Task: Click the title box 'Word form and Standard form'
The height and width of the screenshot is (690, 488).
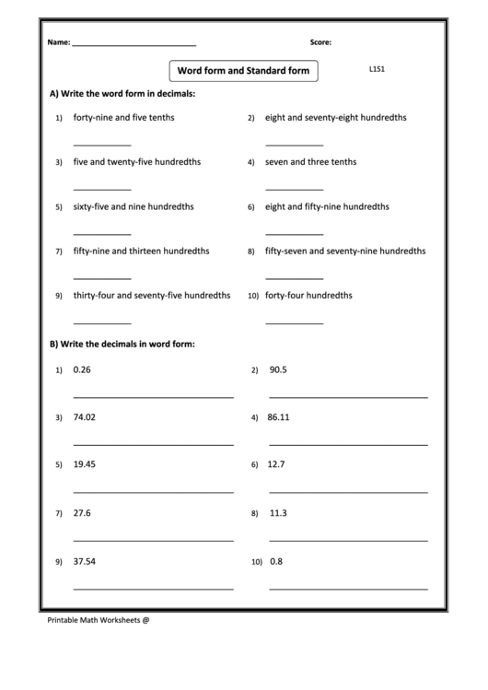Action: coord(243,70)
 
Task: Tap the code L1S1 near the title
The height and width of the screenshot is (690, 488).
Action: coord(377,69)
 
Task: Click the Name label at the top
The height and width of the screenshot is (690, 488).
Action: coord(58,42)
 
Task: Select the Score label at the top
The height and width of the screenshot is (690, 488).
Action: coord(320,42)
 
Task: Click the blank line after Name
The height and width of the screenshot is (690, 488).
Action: coord(134,45)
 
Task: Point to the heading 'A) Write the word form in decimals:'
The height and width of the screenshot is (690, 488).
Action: coord(122,94)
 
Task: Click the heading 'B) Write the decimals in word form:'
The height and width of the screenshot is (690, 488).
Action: coord(122,344)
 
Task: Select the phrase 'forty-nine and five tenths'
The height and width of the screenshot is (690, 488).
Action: coord(123,118)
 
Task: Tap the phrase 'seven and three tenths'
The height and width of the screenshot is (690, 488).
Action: coord(310,162)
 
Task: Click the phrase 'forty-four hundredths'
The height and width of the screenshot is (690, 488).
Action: coord(308,296)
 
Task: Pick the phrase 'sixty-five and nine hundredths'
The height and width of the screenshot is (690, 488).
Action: coord(134,207)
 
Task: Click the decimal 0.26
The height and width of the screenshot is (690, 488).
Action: coord(82,369)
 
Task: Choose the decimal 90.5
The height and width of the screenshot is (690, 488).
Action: coord(278,369)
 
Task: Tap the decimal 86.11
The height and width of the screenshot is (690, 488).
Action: coord(278,417)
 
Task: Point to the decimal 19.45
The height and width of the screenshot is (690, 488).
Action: coord(84,464)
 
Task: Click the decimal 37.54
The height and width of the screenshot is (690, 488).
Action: coord(84,561)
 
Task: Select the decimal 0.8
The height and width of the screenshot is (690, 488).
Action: coord(276,561)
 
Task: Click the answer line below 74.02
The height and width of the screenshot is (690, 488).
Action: coord(153,444)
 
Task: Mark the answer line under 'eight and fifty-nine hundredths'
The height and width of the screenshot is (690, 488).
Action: coord(294,234)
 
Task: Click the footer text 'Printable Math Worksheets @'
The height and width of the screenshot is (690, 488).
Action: coord(98,620)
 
